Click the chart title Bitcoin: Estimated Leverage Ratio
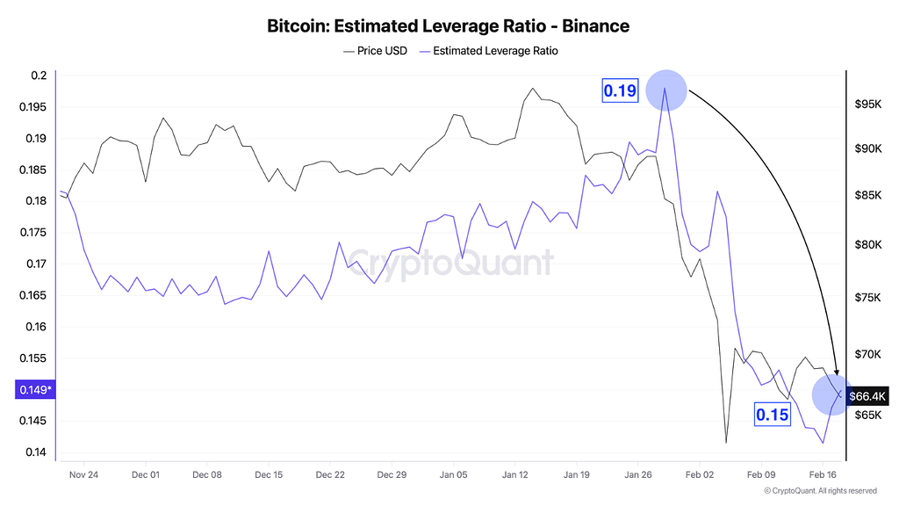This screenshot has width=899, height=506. [x=448, y=25]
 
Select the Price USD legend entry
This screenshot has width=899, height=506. [x=375, y=51]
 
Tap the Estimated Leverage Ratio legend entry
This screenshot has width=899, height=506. [x=490, y=51]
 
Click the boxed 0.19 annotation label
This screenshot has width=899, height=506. [x=620, y=90]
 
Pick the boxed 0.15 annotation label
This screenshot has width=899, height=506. [x=773, y=415]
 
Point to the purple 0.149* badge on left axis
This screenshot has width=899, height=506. [x=33, y=390]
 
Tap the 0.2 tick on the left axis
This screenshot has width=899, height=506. [x=38, y=76]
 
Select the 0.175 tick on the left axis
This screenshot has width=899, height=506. [x=33, y=233]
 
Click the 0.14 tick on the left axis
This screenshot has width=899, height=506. [x=35, y=452]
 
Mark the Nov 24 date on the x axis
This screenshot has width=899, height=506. [x=83, y=474]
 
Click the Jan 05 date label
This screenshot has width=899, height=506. [x=452, y=474]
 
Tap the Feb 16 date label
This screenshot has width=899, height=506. [x=823, y=474]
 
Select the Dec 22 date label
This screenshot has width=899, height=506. [x=330, y=474]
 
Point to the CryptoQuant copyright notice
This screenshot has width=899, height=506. [x=820, y=491]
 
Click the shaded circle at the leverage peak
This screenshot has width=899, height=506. [x=665, y=89]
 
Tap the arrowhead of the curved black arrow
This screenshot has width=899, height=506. [x=837, y=374]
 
